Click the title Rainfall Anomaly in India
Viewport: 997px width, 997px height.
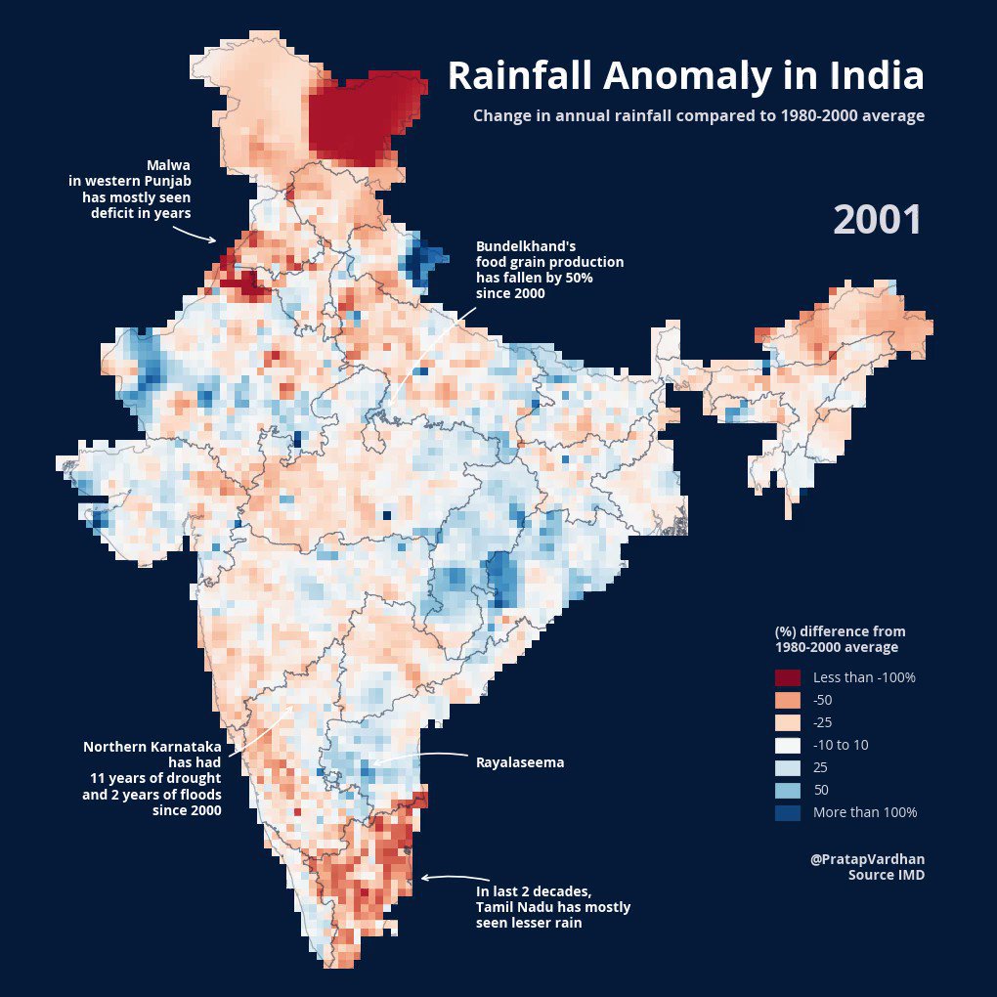pos(685,76)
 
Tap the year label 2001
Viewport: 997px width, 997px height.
pos(878,220)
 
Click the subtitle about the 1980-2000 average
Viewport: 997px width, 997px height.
pos(698,115)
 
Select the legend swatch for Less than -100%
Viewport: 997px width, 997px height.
pos(787,677)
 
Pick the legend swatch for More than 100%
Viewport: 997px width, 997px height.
pos(787,812)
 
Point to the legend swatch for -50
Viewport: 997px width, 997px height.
pos(787,700)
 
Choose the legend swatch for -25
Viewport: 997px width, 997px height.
pos(787,722)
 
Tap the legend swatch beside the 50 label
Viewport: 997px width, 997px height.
pos(787,790)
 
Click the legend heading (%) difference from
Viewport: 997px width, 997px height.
pos(840,631)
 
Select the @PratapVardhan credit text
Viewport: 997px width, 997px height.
pos(867,859)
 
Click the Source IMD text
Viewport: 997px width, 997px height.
pos(886,875)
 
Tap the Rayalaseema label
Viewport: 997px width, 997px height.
pos(520,762)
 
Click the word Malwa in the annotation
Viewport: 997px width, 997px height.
pos(168,164)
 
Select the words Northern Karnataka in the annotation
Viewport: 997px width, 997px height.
pos(152,747)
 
